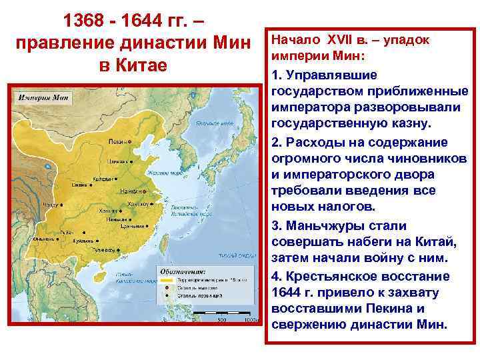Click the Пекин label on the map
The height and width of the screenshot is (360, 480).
coord(117,142)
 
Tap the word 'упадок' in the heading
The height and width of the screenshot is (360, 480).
coord(409,39)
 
